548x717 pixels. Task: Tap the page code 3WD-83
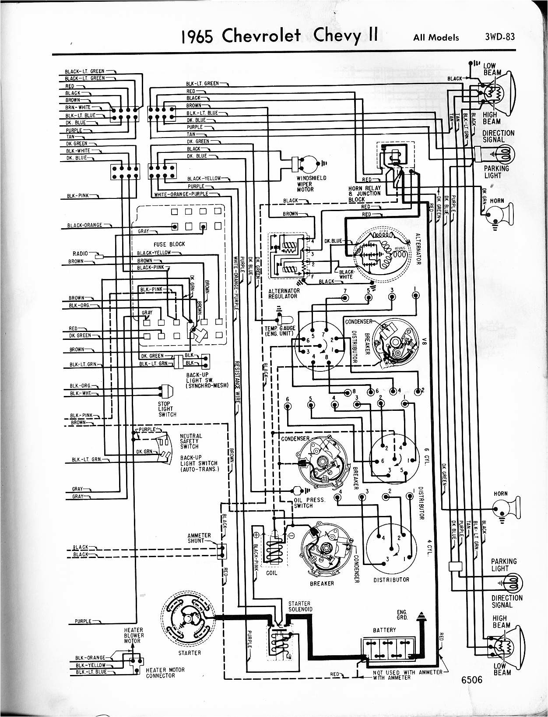coord(499,37)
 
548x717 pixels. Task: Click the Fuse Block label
coord(169,244)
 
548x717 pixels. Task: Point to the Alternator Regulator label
coord(284,293)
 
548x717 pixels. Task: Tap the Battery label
coord(384,630)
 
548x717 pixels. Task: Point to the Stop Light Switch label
coord(167,409)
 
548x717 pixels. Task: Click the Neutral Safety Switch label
coord(191,441)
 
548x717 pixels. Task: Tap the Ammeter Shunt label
coord(199,538)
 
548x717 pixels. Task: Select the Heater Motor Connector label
coord(165,672)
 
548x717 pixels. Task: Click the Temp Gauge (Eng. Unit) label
coord(280,331)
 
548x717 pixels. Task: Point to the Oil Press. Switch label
coord(309,502)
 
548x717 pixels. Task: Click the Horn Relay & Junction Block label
coord(365,194)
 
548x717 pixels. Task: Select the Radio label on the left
coord(80,253)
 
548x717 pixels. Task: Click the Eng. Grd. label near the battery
coord(402,615)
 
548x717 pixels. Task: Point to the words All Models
coord(436,38)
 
